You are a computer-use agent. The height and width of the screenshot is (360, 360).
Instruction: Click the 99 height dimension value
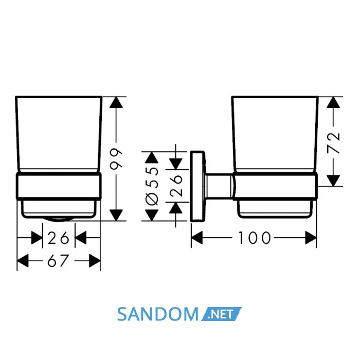[x=116, y=158]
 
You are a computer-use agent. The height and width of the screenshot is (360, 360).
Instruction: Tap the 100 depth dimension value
[x=255, y=238]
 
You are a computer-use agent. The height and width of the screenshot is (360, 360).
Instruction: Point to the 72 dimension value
[x=333, y=142]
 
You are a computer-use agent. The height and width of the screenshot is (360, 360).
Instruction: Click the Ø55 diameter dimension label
[x=152, y=186]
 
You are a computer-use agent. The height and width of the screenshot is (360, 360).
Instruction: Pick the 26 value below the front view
[x=58, y=238]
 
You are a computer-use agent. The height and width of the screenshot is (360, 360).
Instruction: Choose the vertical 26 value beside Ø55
[x=176, y=186]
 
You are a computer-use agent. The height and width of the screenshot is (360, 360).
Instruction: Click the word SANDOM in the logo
[x=157, y=314]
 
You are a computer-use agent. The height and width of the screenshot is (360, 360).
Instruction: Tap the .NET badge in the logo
[x=221, y=314]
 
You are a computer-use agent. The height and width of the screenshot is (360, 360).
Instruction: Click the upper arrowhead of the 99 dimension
[x=116, y=102]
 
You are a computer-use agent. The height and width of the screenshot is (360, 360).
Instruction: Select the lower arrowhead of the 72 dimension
[x=333, y=181]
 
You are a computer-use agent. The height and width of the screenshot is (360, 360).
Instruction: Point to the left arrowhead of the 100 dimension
[x=197, y=238]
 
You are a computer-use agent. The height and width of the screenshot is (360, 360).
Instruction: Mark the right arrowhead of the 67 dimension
[x=95, y=261]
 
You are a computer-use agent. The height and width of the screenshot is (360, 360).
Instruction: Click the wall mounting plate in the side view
[x=197, y=186]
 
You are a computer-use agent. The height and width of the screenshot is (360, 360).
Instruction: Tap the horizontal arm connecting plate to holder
[x=219, y=186]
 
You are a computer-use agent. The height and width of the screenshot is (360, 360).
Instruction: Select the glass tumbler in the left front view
[x=59, y=134]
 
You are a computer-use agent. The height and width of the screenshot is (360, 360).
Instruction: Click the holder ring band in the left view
[x=59, y=186]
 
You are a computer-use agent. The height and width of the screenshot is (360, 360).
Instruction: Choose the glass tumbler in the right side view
[x=275, y=134]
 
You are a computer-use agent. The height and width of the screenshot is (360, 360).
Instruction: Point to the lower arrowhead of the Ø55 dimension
[x=152, y=215]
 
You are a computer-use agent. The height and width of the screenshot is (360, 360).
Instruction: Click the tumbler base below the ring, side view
[x=275, y=209]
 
